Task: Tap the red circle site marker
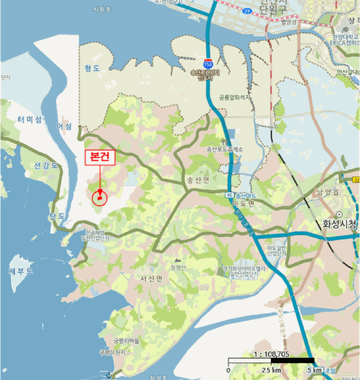[99, 198]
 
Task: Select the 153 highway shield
[208, 64]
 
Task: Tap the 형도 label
[92, 68]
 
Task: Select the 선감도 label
[46, 165]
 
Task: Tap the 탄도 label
[58, 216]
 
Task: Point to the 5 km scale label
[313, 370]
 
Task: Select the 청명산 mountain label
[179, 267]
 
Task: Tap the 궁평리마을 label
[127, 341]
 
